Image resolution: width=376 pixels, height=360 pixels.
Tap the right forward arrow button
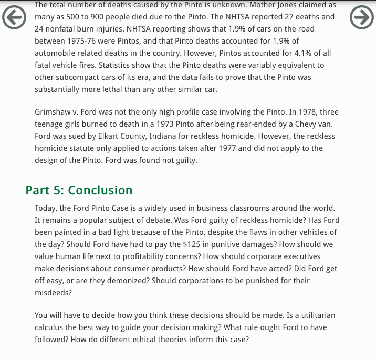tap(361, 17)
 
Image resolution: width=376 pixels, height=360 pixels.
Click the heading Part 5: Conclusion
tap(79, 190)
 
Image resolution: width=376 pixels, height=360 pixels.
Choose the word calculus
tap(50, 327)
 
